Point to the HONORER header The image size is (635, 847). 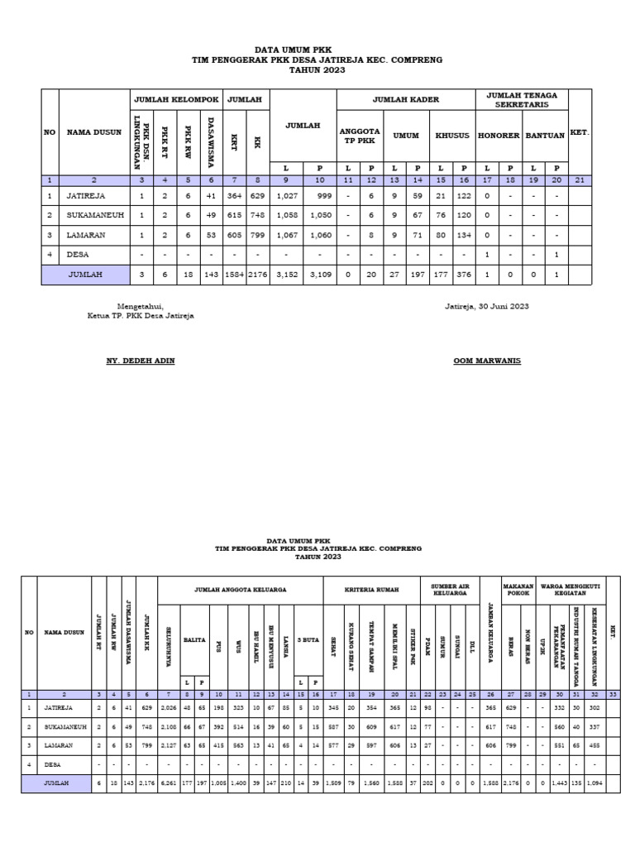click(499, 135)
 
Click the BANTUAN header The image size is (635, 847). click(545, 135)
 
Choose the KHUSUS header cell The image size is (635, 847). click(451, 135)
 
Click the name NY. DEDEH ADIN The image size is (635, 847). click(141, 361)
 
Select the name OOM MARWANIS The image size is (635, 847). click(488, 361)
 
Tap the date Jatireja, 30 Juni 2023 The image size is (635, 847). click(487, 306)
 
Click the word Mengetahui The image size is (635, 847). click(141, 306)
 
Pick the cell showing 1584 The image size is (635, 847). click(235, 274)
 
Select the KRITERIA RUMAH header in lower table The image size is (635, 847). click(371, 589)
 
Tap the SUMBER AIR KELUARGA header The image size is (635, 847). click(449, 589)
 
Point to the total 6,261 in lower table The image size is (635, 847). click(169, 781)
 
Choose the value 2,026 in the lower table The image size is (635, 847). click(169, 708)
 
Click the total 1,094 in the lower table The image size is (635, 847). click(593, 781)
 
